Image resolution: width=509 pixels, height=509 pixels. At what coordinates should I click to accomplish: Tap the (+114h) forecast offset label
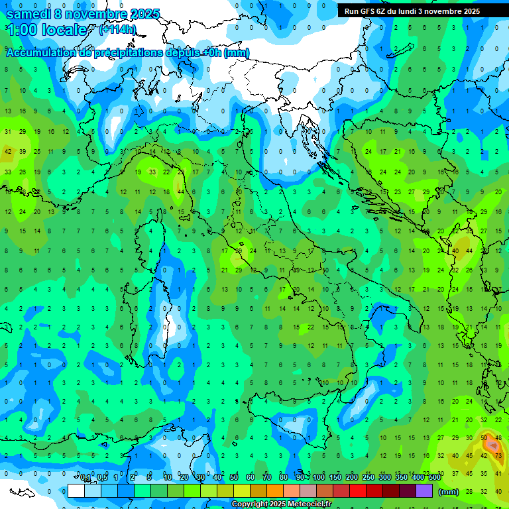click(x=117, y=29)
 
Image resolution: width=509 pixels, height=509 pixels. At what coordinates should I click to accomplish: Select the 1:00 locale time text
click(x=46, y=30)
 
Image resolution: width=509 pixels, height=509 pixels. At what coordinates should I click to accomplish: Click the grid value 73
click(x=498, y=455)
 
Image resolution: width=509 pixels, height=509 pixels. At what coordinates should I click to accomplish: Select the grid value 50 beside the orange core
click(x=484, y=437)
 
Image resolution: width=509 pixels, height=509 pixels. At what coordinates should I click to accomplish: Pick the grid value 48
click(x=498, y=437)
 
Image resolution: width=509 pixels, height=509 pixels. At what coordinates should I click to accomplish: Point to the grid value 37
click(x=455, y=473)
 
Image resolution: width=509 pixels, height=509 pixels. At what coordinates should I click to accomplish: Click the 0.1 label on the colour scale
click(x=85, y=478)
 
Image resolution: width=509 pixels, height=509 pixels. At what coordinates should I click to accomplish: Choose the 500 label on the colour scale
click(x=434, y=478)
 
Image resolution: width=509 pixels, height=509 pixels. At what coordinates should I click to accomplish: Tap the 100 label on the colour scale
click(x=319, y=478)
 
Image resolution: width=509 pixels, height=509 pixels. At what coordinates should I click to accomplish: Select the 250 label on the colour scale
click(x=368, y=478)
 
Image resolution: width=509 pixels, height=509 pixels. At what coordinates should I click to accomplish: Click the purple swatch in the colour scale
click(x=424, y=490)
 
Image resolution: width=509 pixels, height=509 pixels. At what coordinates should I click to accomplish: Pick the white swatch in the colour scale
click(x=76, y=490)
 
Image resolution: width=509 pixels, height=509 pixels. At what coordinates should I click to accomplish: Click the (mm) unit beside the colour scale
click(x=449, y=491)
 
